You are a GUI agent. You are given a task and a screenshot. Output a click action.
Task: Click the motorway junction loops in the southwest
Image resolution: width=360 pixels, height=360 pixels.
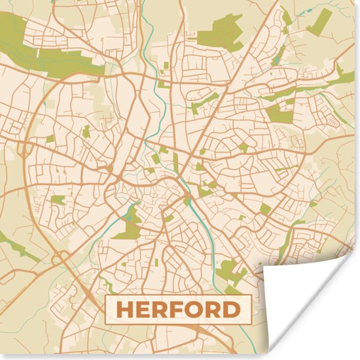point(62,259)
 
